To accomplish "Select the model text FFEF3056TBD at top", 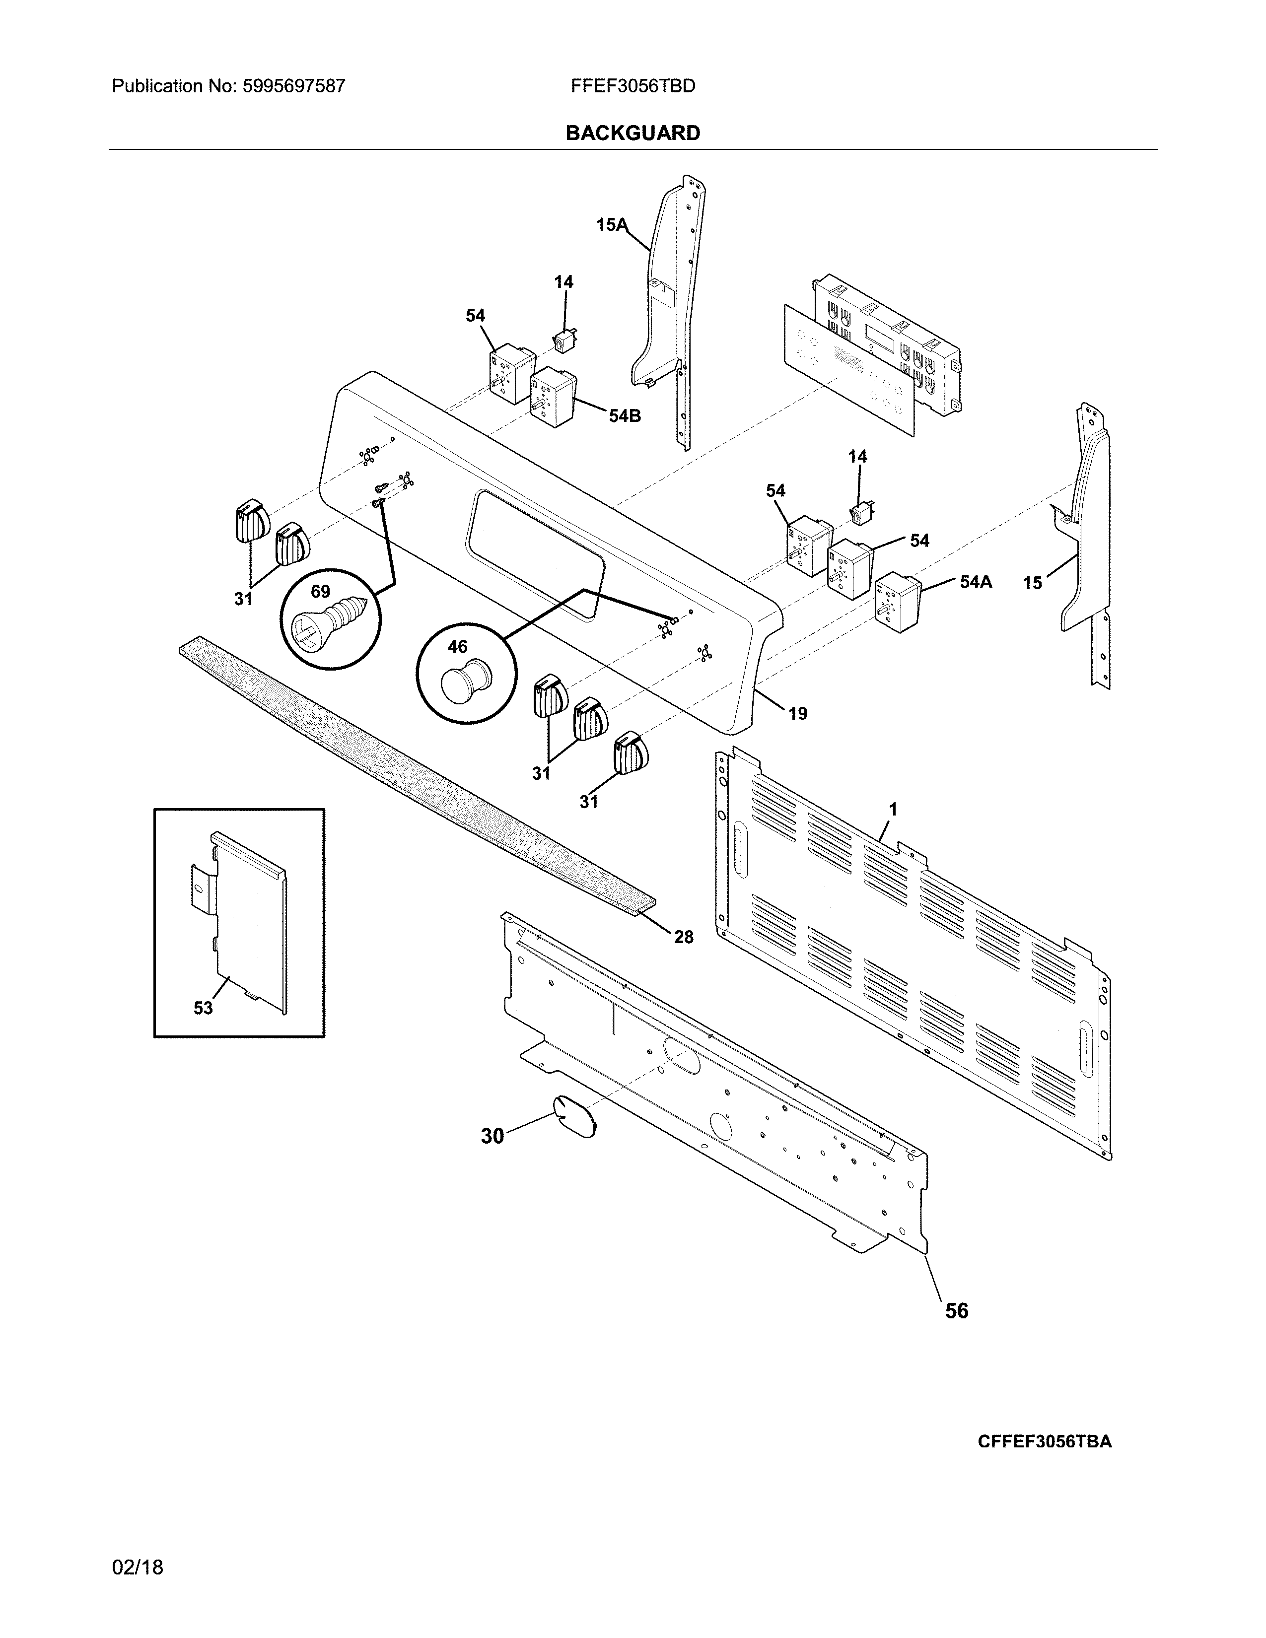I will pyautogui.click(x=632, y=86).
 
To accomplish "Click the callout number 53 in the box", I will pyautogui.click(x=203, y=1008).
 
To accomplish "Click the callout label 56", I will pyautogui.click(x=956, y=1310).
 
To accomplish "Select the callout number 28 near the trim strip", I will pyautogui.click(x=683, y=937).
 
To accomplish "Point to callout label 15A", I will pyautogui.click(x=611, y=224).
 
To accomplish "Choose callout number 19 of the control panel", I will pyautogui.click(x=797, y=713).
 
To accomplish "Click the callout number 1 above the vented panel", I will pyautogui.click(x=893, y=809).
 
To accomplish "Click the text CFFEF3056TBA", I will pyautogui.click(x=1044, y=1441).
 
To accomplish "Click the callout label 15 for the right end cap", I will pyautogui.click(x=1032, y=583).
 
